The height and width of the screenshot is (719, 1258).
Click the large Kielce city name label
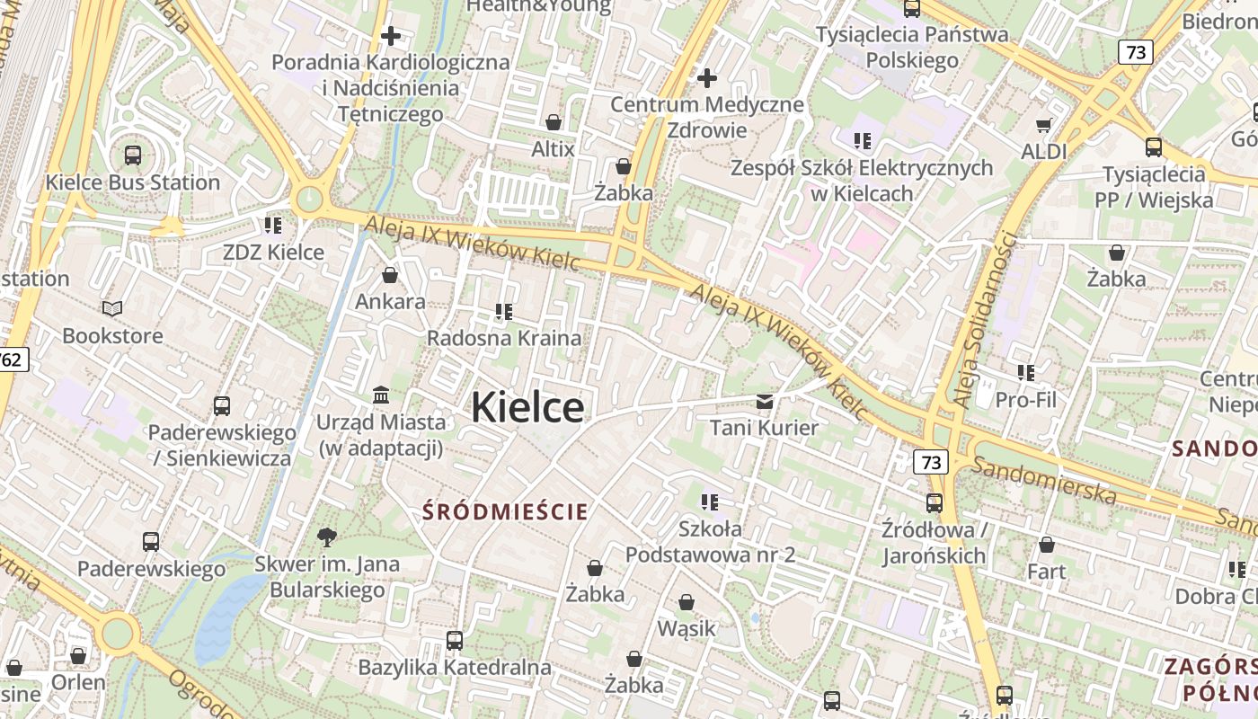click(x=527, y=407)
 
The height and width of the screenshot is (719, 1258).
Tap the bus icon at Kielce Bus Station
click(x=133, y=155)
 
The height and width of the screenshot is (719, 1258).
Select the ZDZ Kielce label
click(x=273, y=252)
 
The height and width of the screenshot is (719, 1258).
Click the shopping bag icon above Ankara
click(x=390, y=274)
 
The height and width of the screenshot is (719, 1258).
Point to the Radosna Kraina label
click(x=503, y=339)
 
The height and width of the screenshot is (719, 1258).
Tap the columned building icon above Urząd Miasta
click(x=380, y=395)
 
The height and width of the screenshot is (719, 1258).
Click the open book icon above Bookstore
click(x=112, y=309)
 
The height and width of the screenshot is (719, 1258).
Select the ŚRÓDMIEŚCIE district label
click(x=506, y=512)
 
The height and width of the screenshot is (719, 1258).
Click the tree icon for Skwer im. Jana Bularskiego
click(x=327, y=537)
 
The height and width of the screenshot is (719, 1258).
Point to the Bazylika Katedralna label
click(x=454, y=667)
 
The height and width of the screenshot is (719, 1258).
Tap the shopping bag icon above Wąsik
click(x=687, y=601)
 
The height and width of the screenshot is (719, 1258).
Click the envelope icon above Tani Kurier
click(x=764, y=401)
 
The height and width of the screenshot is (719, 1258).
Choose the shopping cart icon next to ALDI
click(x=1043, y=125)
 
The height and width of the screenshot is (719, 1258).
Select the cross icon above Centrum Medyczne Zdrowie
click(x=707, y=78)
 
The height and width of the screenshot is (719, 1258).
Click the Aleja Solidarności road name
click(x=986, y=320)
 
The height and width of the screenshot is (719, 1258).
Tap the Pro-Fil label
click(x=1025, y=400)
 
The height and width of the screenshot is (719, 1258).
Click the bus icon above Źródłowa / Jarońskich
click(x=935, y=502)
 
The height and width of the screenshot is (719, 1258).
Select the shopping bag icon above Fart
click(x=1047, y=545)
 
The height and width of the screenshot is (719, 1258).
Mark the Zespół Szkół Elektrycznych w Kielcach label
click(x=861, y=180)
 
